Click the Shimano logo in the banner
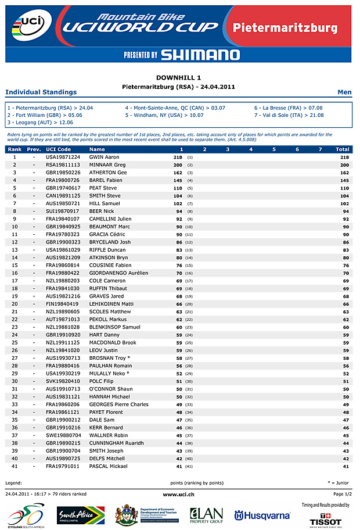200,55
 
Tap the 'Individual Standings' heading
41,92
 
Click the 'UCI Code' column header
58,149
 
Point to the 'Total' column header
342,149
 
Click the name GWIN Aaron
104,157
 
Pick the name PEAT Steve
103,188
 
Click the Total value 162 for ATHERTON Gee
344,173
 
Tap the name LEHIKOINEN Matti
111,304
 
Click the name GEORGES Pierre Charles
118,404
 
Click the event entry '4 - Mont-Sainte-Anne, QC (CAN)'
175,108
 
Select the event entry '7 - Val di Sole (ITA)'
288,115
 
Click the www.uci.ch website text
179,494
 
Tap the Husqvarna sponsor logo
262,515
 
